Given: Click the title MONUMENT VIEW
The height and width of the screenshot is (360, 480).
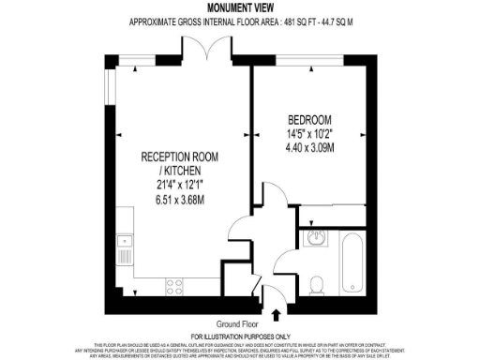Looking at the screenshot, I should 239,7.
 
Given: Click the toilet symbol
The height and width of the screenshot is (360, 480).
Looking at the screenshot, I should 319,284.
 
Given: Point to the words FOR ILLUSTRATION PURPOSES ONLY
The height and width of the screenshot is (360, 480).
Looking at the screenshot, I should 239,336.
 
